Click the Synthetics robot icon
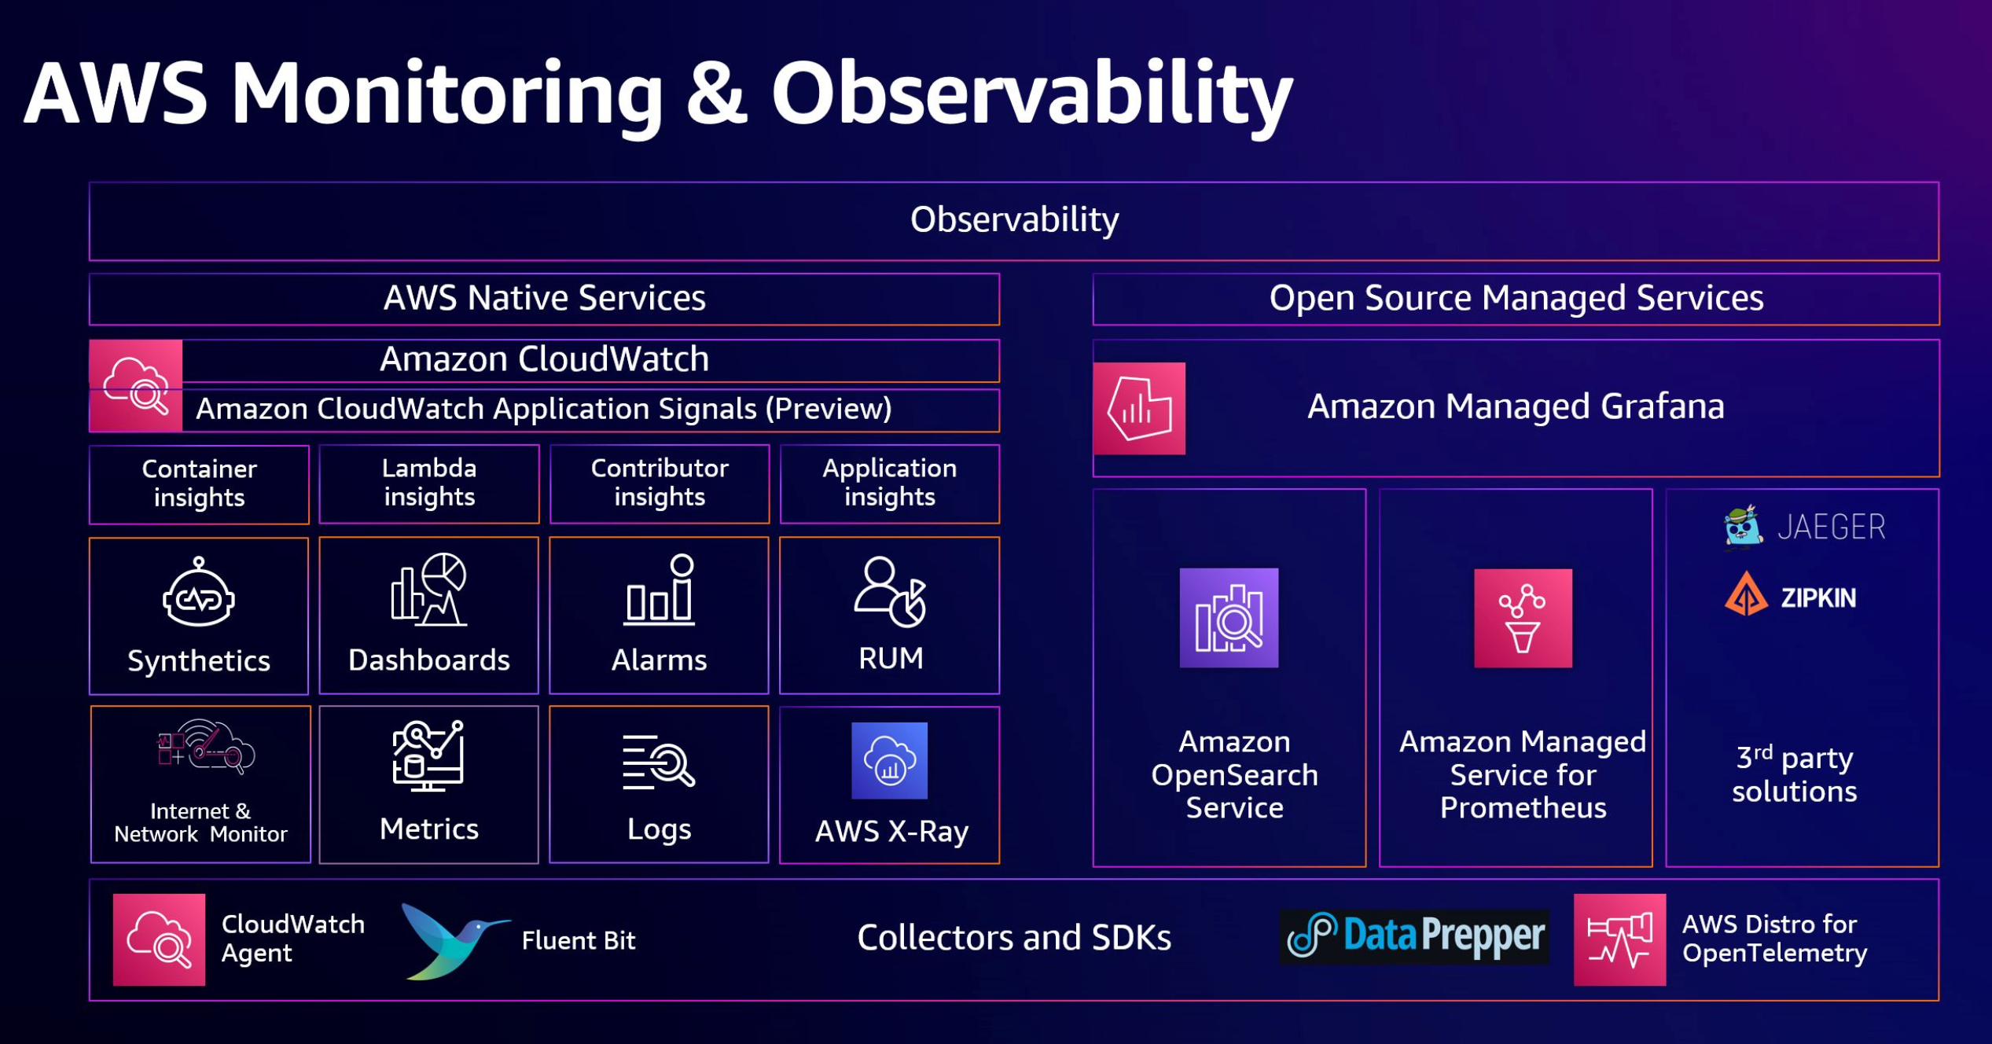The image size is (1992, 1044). point(198,593)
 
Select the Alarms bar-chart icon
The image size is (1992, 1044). point(659,590)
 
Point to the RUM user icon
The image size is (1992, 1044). point(890,592)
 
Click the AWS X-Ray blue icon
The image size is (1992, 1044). point(889,760)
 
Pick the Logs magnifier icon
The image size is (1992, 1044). point(659,762)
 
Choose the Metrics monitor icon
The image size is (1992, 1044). point(428,755)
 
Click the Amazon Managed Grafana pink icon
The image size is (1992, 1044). point(1139,408)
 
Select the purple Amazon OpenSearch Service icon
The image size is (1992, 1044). point(1229,618)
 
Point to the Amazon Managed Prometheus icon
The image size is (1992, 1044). point(1523,618)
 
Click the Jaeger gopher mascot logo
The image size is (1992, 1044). point(1743,526)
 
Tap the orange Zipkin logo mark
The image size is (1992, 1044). point(1746,595)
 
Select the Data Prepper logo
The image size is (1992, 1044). point(1414,936)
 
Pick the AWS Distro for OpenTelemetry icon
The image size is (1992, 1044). point(1619,939)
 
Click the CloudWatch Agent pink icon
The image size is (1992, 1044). point(159,939)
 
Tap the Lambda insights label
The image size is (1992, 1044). point(429,483)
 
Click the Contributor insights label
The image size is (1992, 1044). point(660,483)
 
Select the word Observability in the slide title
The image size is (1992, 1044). point(1031,94)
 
